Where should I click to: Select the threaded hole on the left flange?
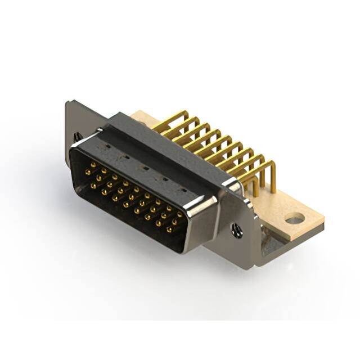pyautogui.click(x=76, y=136)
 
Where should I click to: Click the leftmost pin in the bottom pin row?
pyautogui.click(x=93, y=185)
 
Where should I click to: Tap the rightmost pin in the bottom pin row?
pyautogui.click(x=169, y=229)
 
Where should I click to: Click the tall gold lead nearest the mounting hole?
pyautogui.click(x=272, y=174)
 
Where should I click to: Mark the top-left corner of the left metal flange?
pyautogui.click(x=68, y=103)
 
